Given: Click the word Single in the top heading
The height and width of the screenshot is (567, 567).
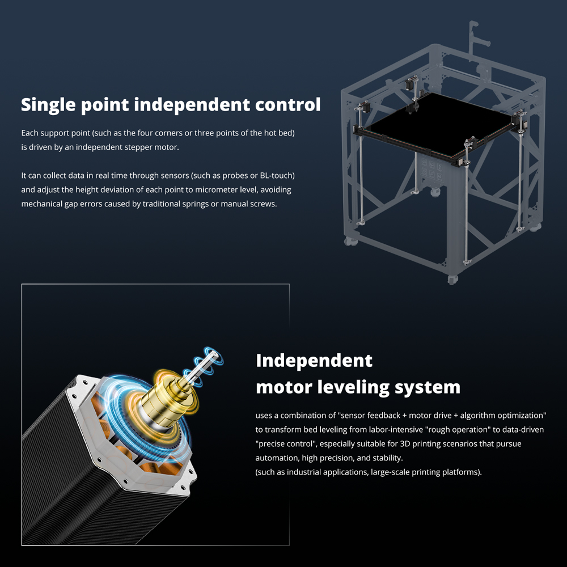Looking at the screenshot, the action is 48,105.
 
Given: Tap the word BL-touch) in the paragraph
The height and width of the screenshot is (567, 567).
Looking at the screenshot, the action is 277,175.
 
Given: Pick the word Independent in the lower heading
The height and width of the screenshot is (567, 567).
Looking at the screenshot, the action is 314,361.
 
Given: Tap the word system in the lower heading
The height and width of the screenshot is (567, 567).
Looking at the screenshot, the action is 428,387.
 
